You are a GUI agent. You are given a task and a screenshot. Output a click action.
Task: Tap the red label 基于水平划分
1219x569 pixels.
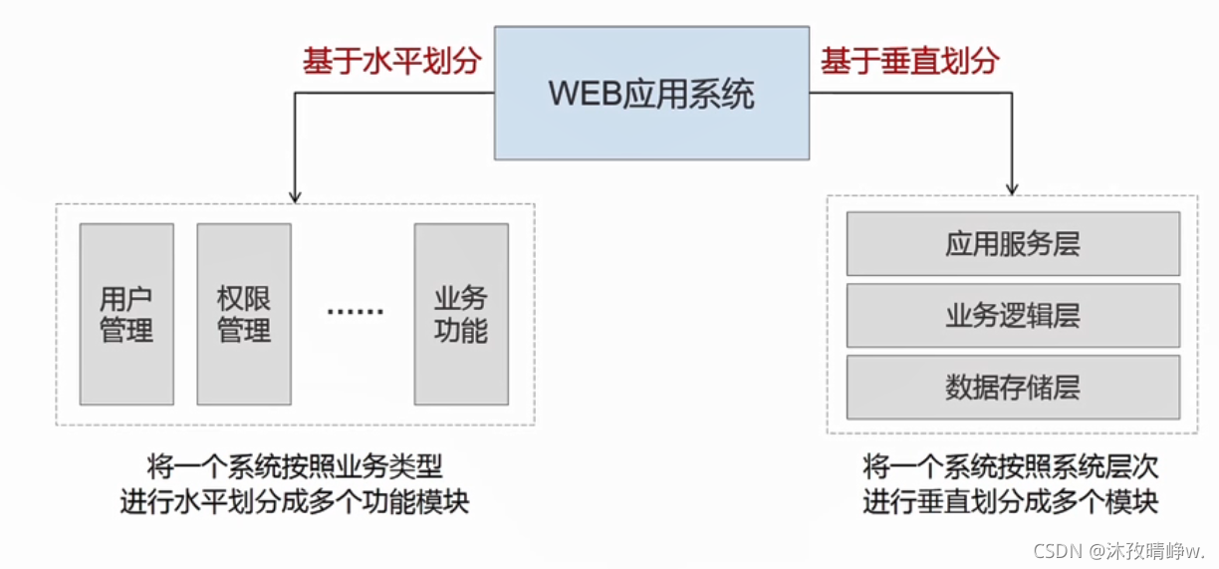[392, 61]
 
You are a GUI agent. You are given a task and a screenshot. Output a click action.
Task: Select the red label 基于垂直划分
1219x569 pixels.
[910, 61]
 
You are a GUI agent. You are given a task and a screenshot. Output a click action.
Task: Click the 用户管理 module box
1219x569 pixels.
[126, 314]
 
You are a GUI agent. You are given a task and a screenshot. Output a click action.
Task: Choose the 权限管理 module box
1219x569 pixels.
[244, 314]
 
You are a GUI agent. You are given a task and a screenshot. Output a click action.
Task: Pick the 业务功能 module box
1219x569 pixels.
[460, 314]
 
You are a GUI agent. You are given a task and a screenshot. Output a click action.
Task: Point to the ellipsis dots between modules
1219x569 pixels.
[355, 312]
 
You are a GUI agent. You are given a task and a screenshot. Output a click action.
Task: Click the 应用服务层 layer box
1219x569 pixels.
[1013, 244]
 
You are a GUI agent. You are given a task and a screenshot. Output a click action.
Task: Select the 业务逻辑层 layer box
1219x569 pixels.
[1013, 315]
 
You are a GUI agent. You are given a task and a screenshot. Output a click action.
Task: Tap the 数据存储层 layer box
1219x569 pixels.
[1013, 387]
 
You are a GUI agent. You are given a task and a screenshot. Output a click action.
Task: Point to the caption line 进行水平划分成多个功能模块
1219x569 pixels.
[295, 501]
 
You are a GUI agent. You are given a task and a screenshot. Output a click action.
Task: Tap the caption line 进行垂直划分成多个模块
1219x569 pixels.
[1011, 501]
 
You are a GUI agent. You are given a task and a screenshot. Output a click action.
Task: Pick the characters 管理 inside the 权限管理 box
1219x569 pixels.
[244, 330]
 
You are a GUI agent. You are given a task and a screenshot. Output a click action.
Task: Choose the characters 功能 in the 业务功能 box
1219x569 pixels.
[460, 330]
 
